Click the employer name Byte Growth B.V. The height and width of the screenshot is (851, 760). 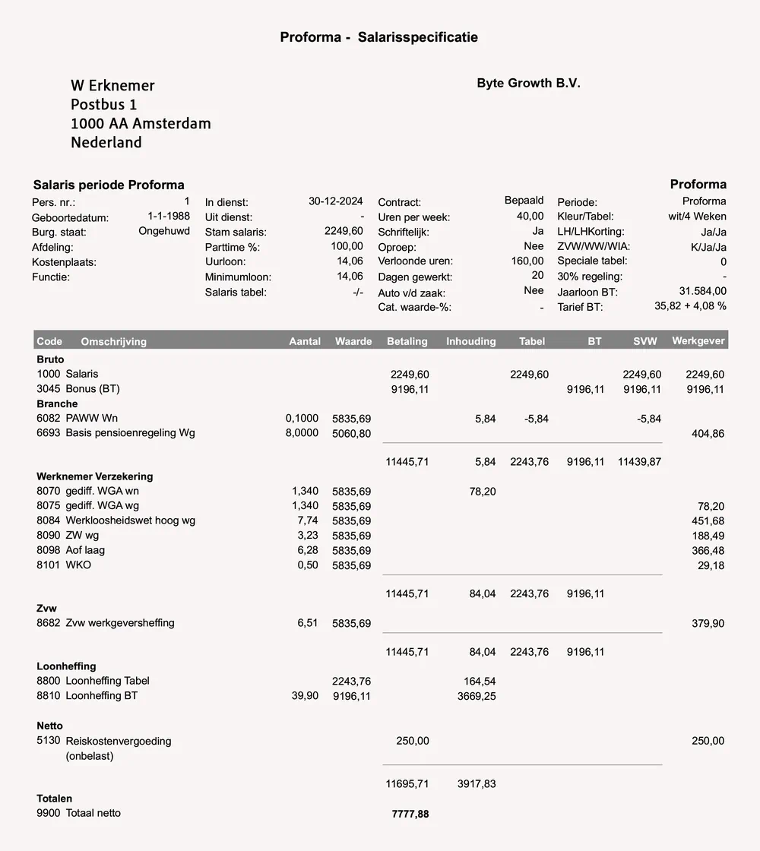coord(528,84)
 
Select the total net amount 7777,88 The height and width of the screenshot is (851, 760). coord(410,814)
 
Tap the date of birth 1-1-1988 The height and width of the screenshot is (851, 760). coord(169,217)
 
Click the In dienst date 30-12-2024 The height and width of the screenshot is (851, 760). coord(335,201)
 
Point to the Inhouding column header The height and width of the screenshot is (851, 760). coord(470,341)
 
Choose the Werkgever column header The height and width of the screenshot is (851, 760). coord(698,340)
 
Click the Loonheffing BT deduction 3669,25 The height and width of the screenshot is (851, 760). coord(477,696)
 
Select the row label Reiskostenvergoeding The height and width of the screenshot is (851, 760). coord(119,741)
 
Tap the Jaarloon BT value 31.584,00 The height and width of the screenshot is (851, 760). coord(702,291)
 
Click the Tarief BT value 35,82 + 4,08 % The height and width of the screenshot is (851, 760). coord(690,306)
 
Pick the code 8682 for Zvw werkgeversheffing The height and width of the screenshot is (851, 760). coord(49,623)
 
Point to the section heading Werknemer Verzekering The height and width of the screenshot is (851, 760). coord(95,476)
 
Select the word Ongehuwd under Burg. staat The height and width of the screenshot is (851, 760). coord(164,231)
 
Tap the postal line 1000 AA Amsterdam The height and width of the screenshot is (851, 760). coord(141,123)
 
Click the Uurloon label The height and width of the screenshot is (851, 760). coord(225,262)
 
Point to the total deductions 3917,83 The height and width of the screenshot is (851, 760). coord(477,783)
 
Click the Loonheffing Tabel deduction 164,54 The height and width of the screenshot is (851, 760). coord(480,681)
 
